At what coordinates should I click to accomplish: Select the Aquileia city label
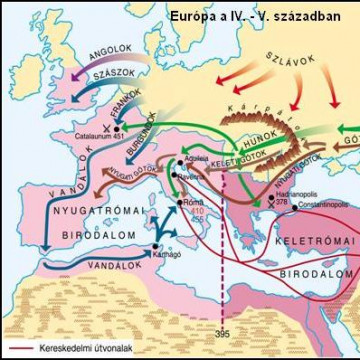point(199,159)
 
